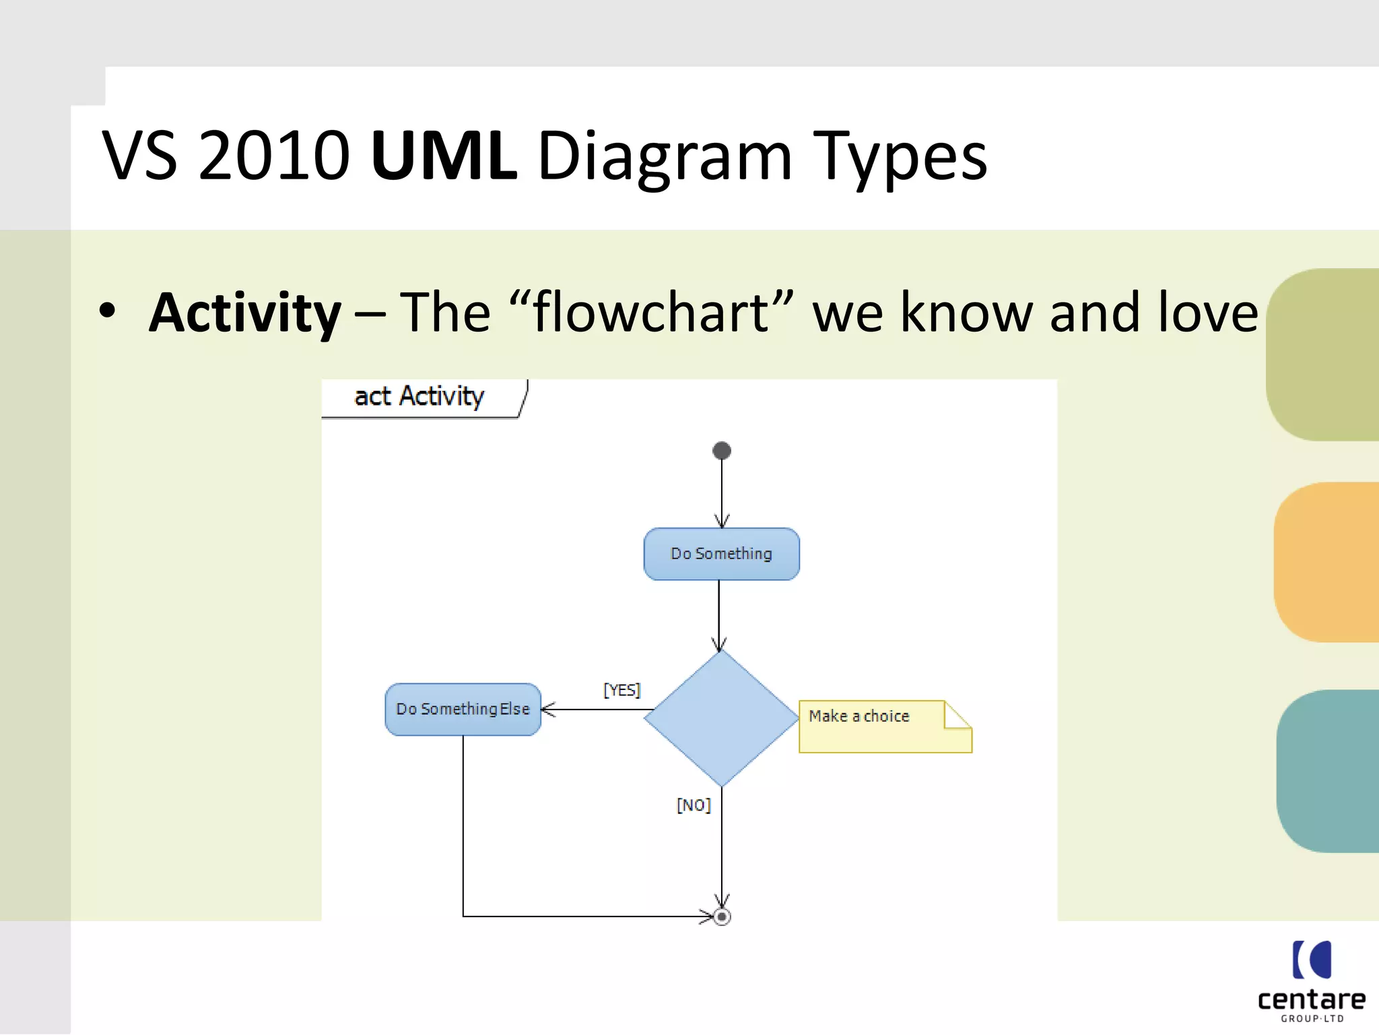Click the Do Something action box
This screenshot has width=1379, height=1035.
click(x=721, y=554)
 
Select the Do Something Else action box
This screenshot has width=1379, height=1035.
click(x=463, y=710)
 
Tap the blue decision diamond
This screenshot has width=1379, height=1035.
click(x=721, y=718)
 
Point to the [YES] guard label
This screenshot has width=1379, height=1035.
click(x=621, y=690)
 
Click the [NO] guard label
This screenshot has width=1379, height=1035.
click(x=694, y=805)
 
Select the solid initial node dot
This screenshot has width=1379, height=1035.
click(x=722, y=450)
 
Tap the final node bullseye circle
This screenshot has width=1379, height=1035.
click(x=722, y=916)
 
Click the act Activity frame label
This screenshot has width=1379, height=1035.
click(x=419, y=396)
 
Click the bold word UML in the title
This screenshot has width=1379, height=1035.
click(x=444, y=156)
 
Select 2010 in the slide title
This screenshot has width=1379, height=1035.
click(x=273, y=156)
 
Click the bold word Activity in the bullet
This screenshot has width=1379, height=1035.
click(x=245, y=313)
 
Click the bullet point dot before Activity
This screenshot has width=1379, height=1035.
click(x=107, y=311)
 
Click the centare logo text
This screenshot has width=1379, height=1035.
click(x=1311, y=999)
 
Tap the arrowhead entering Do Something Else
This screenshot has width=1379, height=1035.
click(x=547, y=710)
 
